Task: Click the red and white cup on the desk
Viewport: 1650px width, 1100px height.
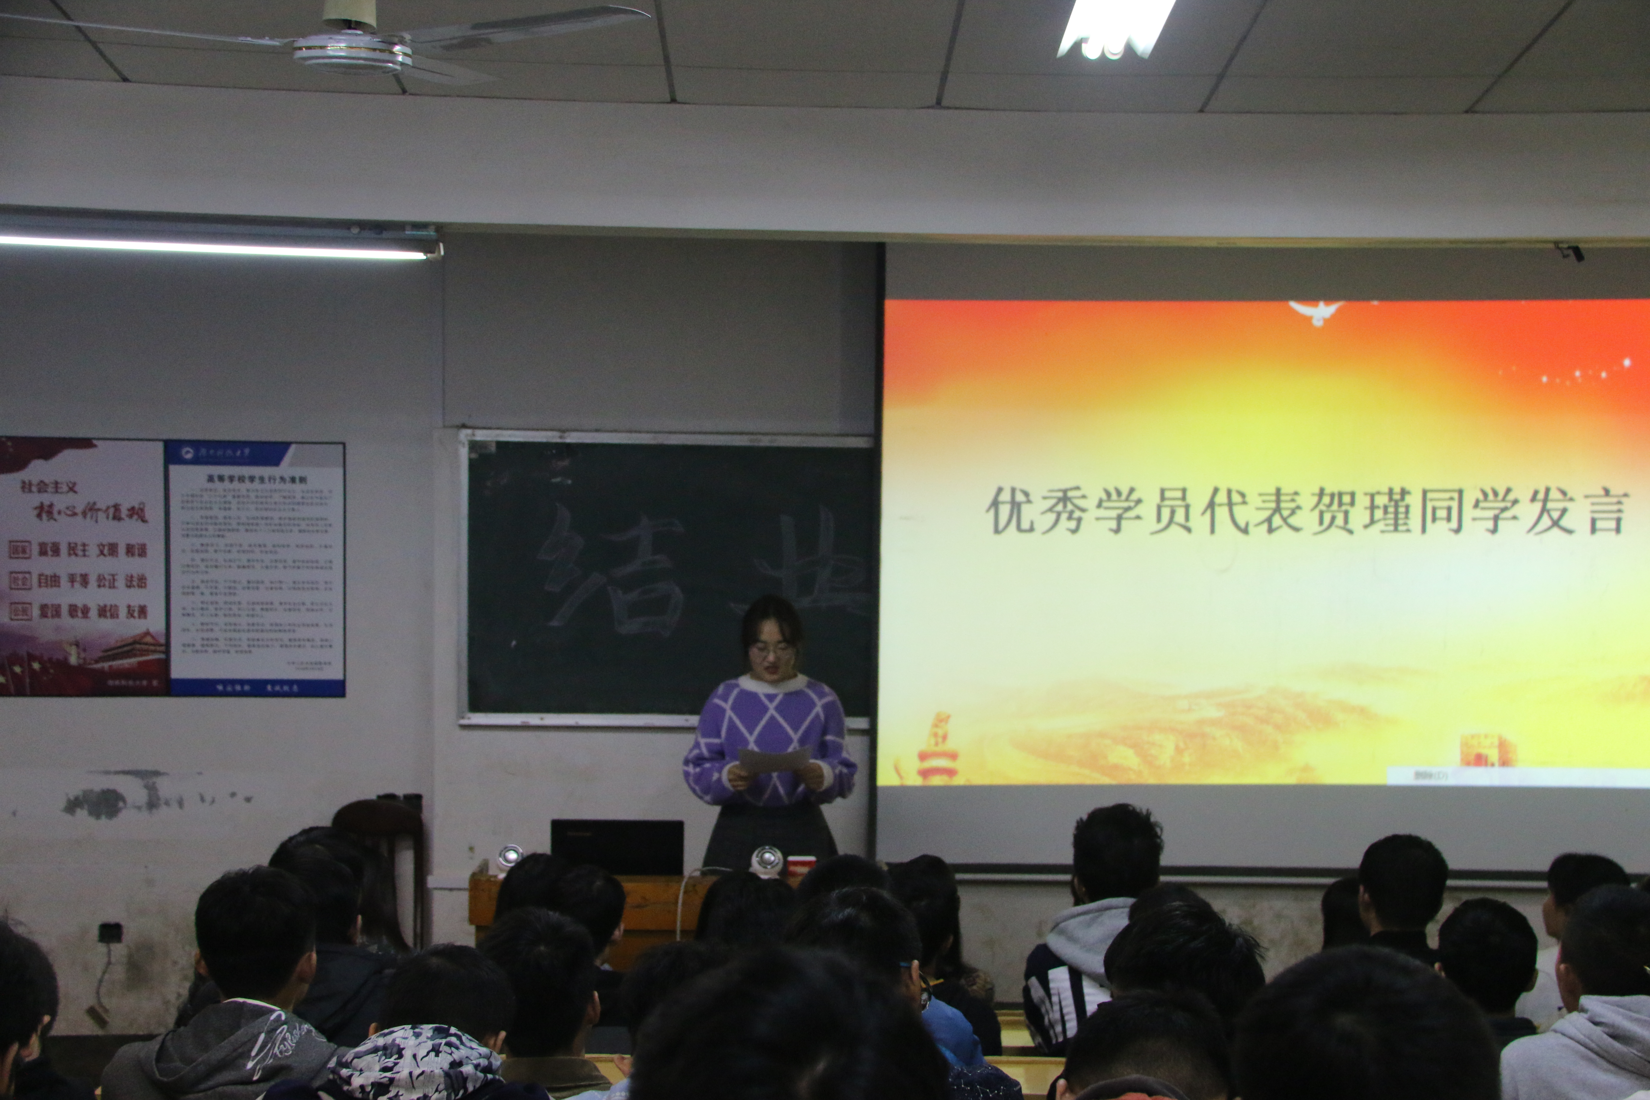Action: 801,866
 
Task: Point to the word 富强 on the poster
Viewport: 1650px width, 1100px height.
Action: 49,550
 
